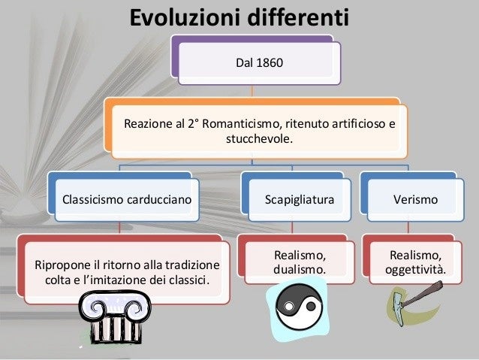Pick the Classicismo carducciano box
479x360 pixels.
(x=126, y=200)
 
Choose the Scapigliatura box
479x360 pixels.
(x=298, y=200)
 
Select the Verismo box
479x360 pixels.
(x=416, y=200)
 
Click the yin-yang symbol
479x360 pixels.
(x=297, y=309)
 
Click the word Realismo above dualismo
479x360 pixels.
(x=299, y=255)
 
